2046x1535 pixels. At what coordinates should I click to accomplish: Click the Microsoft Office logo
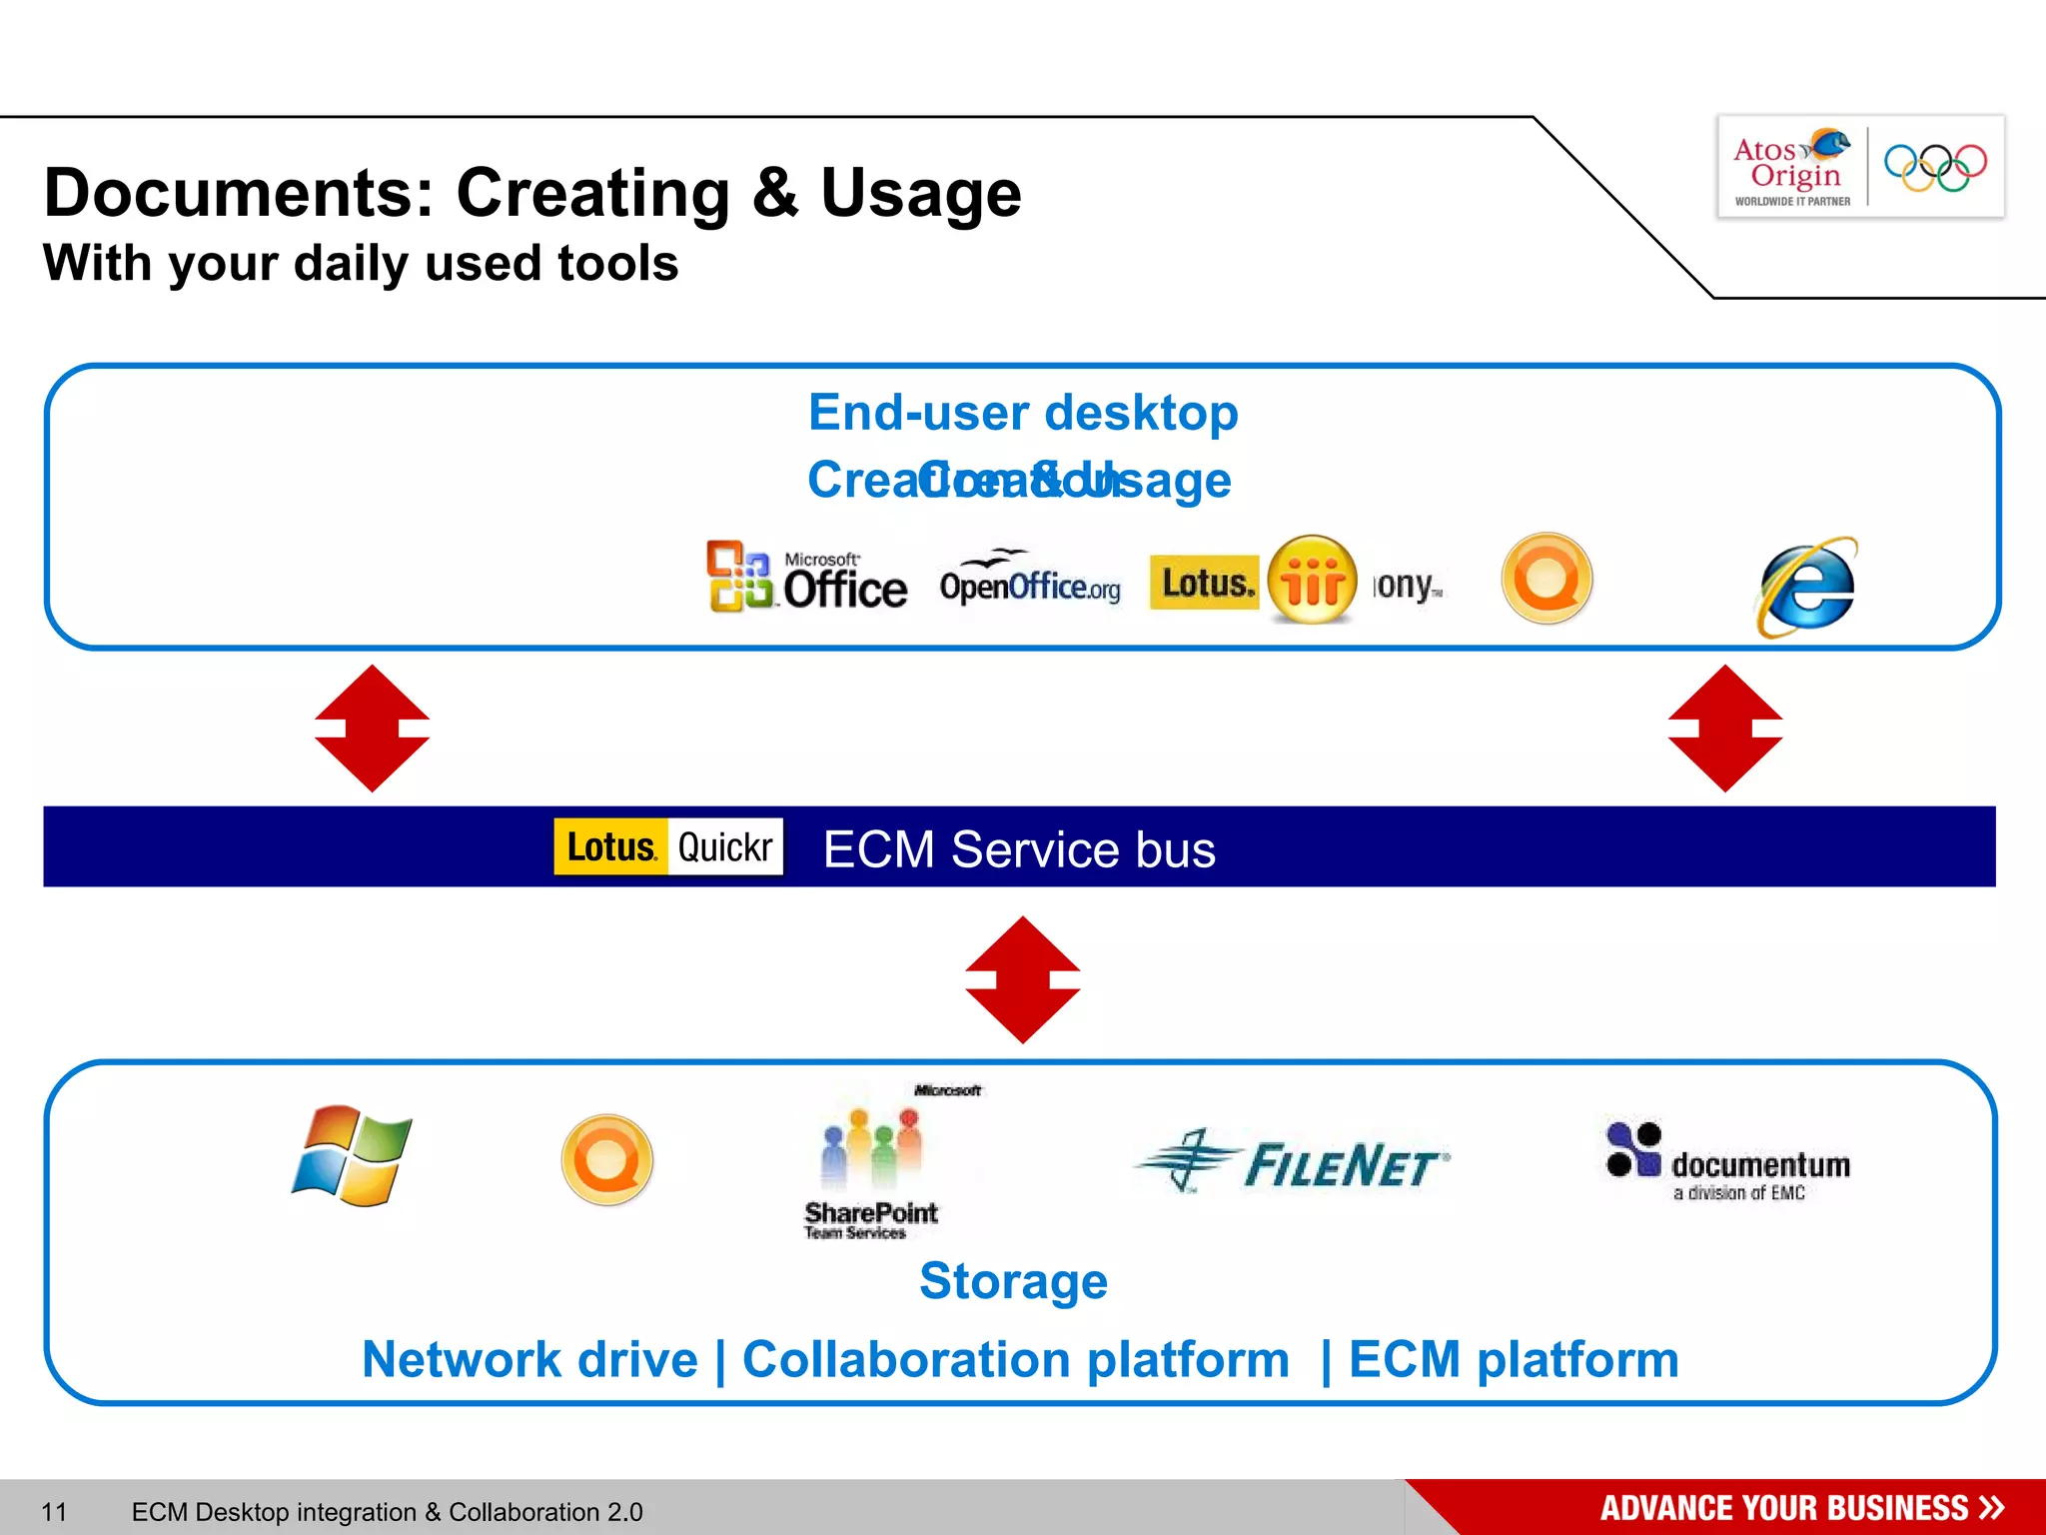click(x=807, y=578)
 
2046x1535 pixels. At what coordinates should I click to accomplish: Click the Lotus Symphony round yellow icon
click(x=1312, y=580)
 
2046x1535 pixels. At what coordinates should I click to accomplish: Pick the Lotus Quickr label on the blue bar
click(x=668, y=846)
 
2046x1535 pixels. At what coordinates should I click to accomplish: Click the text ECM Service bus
click(x=1019, y=849)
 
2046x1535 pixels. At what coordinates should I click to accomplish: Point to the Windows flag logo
click(x=352, y=1156)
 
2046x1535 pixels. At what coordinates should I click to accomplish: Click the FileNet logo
click(x=1292, y=1162)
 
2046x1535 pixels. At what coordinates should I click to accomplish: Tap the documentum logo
click(x=1728, y=1162)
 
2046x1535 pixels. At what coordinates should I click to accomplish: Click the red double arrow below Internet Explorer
click(x=1724, y=729)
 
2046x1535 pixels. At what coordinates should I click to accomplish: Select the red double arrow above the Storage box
click(x=1022, y=979)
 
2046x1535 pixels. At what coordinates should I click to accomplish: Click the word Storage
click(x=1013, y=1281)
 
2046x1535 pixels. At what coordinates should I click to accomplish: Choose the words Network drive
click(x=529, y=1360)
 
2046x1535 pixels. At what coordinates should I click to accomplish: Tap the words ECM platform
click(x=1514, y=1360)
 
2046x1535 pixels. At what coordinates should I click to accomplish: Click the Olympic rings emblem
click(x=1935, y=167)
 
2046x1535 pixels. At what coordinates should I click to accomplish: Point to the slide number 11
click(x=54, y=1511)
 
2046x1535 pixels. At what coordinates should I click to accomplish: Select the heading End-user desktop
click(x=1023, y=413)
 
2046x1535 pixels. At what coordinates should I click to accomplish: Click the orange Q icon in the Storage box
click(x=607, y=1160)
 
